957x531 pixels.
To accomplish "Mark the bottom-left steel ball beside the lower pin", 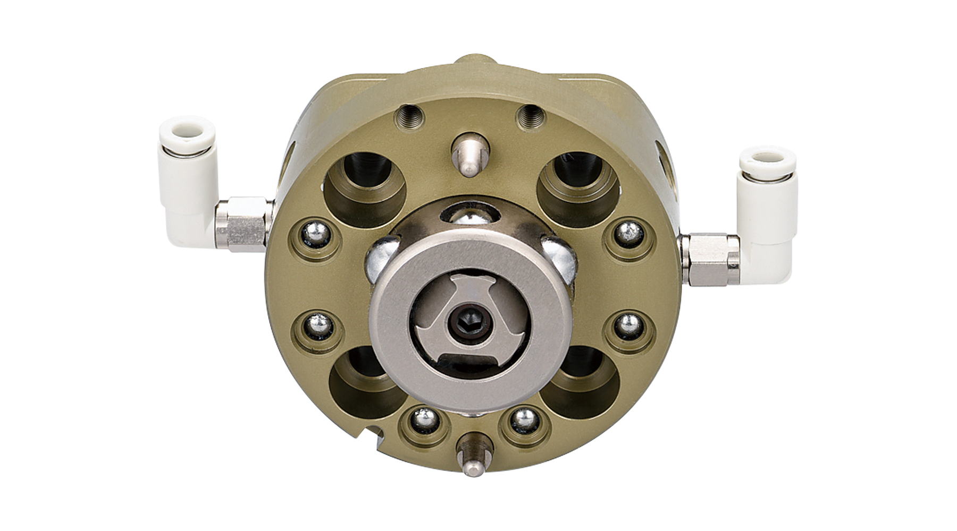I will tap(426, 418).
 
